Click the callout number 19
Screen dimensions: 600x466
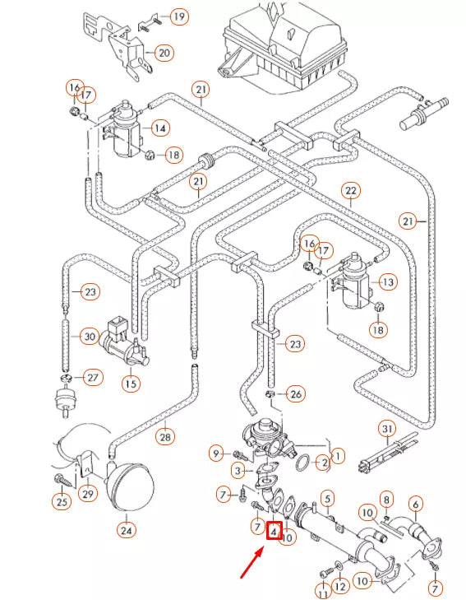178,16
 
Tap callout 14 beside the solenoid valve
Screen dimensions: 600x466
159,128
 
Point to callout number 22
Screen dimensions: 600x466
351,191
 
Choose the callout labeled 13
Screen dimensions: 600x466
388,281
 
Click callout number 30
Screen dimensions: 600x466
89,336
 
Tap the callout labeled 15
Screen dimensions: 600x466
131,383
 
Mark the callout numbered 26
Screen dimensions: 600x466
296,394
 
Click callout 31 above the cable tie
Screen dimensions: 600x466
387,429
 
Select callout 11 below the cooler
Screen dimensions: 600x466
322,590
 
